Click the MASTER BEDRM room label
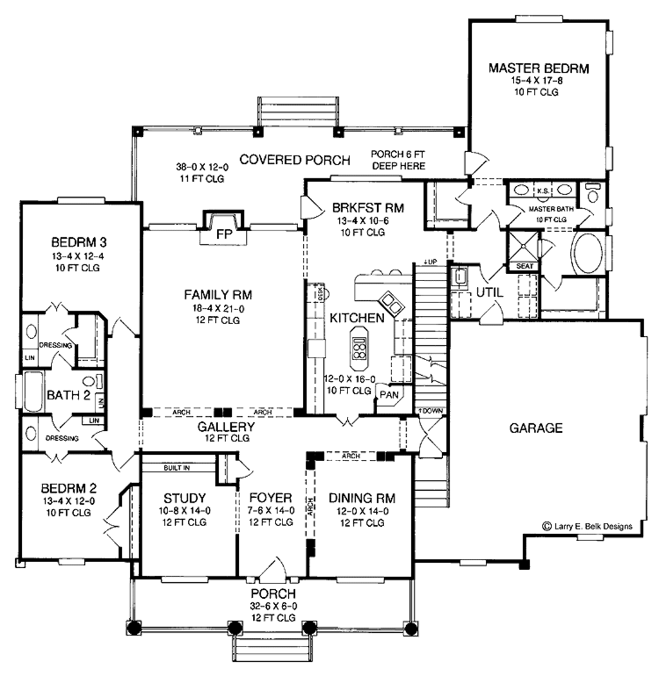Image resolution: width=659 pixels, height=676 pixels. point(539,68)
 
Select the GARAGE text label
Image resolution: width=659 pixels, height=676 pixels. point(536,428)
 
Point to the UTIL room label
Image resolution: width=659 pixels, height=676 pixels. point(490,292)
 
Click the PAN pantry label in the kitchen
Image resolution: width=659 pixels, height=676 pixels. point(388,394)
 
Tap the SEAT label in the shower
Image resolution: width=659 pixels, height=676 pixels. point(521,265)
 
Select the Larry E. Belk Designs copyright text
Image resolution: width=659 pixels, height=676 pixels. point(587,526)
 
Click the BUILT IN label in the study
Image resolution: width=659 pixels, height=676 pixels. point(176,468)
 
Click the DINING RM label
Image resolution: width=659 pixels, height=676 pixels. point(362,498)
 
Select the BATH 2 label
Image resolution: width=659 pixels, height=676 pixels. point(68,394)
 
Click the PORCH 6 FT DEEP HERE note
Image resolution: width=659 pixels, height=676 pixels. point(398,160)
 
